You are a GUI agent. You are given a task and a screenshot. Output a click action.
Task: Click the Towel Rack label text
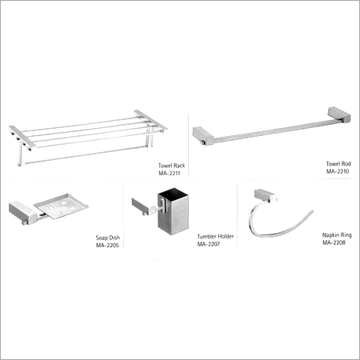coord(171,166)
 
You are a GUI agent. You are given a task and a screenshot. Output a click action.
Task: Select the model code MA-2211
coord(170,174)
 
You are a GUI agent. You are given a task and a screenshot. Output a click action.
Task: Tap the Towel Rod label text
coord(338,164)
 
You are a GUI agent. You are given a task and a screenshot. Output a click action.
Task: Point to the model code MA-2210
coord(338,171)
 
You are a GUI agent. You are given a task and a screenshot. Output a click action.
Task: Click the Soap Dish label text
coord(108,238)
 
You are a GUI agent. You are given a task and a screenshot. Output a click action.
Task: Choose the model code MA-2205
coord(107,246)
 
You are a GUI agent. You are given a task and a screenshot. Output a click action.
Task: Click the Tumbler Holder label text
coord(215,237)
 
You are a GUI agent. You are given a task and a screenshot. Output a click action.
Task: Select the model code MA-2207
coord(209,244)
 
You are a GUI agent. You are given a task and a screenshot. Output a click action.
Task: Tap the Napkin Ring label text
coord(337,235)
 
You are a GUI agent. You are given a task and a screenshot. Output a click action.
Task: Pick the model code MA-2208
coord(334,242)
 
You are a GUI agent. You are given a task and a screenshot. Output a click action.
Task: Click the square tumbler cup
coord(174,211)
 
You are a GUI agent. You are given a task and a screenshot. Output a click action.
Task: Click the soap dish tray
coord(62,206)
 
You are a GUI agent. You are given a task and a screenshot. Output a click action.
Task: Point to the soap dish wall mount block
coord(22,211)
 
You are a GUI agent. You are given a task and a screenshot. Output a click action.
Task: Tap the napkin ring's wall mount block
coord(266,195)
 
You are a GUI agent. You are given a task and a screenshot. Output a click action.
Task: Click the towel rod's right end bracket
coord(340,114)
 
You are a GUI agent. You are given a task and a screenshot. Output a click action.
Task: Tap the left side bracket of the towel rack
coord(22,137)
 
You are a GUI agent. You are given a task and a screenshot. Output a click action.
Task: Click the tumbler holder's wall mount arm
coord(144,206)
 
